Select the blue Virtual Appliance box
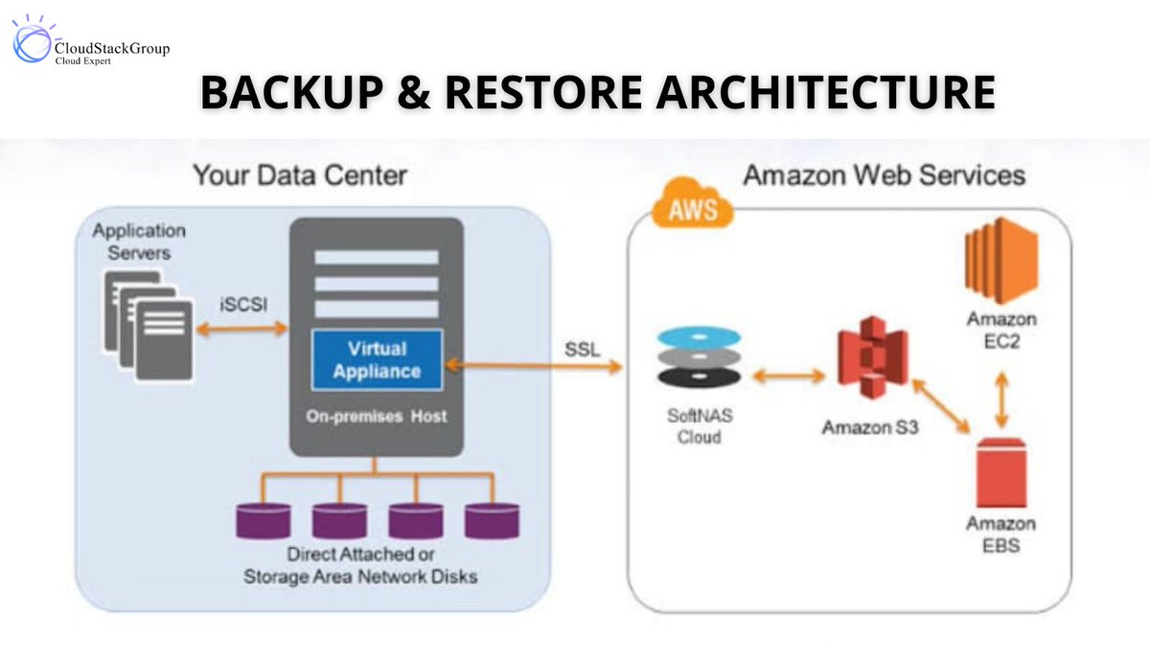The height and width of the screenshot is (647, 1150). coord(377,360)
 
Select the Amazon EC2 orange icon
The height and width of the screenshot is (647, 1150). coord(1001,261)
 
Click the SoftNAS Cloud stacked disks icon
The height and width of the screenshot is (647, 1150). coord(700,359)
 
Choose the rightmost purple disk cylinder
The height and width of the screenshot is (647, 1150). coord(492,520)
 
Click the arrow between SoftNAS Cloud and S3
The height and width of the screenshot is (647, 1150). coord(788,375)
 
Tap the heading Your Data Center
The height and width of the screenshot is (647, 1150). coord(299,175)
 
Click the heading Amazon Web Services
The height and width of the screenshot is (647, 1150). coord(884,175)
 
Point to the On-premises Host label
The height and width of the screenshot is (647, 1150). coord(376,417)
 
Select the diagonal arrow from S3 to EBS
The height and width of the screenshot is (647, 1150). coord(943,406)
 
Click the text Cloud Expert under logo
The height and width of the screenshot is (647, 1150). coord(83,60)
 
